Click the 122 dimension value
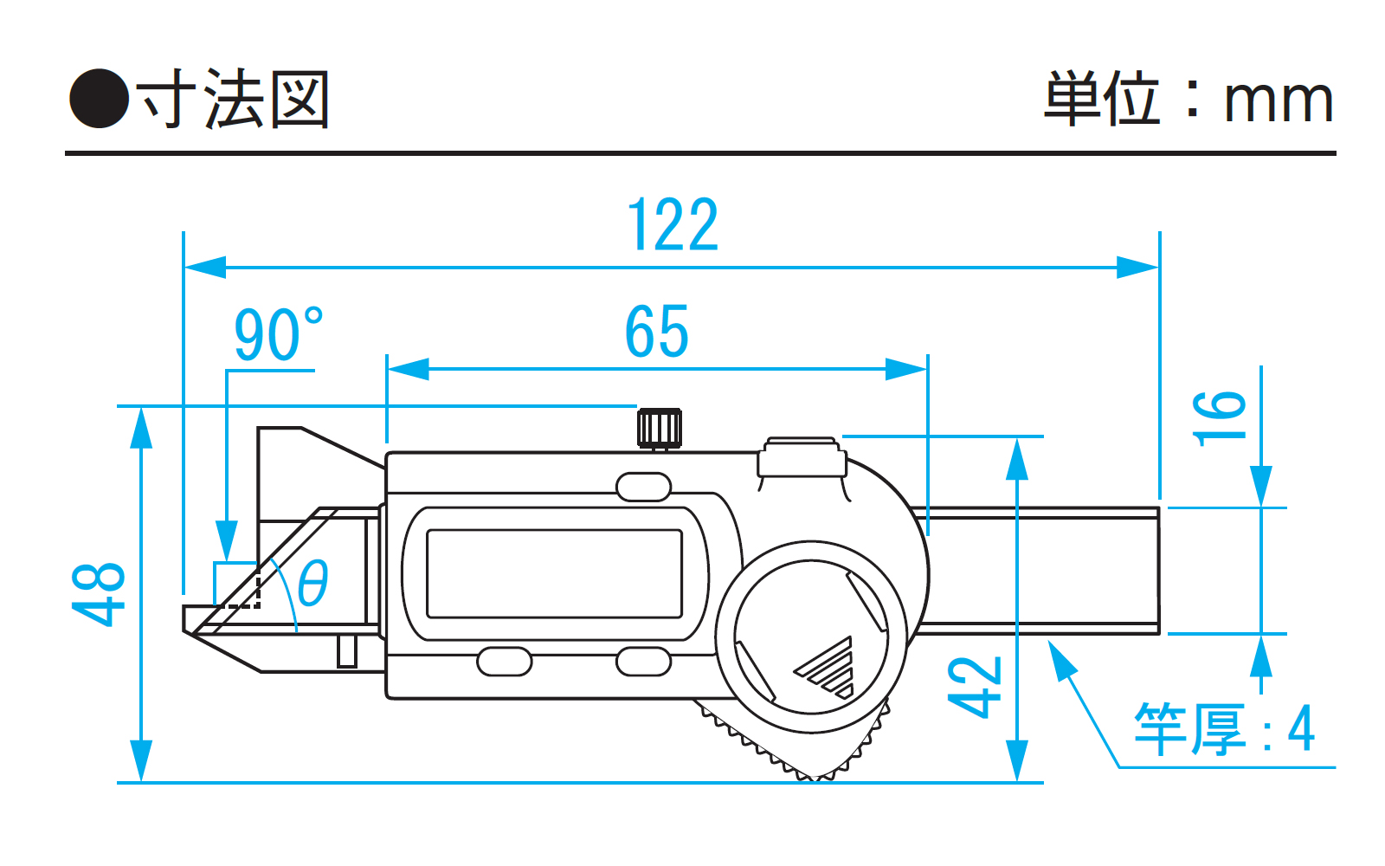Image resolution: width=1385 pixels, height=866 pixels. [x=673, y=225]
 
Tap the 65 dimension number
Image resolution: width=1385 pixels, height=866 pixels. [x=657, y=332]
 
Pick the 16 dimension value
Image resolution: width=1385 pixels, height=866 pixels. [x=1219, y=418]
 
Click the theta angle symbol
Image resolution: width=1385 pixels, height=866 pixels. [x=312, y=583]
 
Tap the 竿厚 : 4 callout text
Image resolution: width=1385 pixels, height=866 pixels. [x=1224, y=729]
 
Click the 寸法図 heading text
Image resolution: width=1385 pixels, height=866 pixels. [x=234, y=100]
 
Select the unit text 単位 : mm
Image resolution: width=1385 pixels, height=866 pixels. [x=1188, y=100]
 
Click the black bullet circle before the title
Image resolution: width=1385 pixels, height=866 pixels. [x=99, y=99]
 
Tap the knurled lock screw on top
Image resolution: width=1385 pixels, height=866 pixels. [x=660, y=428]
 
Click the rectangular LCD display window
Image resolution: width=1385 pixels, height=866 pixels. [x=554, y=573]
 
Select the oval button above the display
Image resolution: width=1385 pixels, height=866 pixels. [x=643, y=487]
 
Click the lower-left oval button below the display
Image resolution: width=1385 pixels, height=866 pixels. [x=505, y=662]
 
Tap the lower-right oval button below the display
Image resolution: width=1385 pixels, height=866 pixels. [x=643, y=662]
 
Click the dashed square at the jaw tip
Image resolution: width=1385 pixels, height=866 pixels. [x=237, y=585]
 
